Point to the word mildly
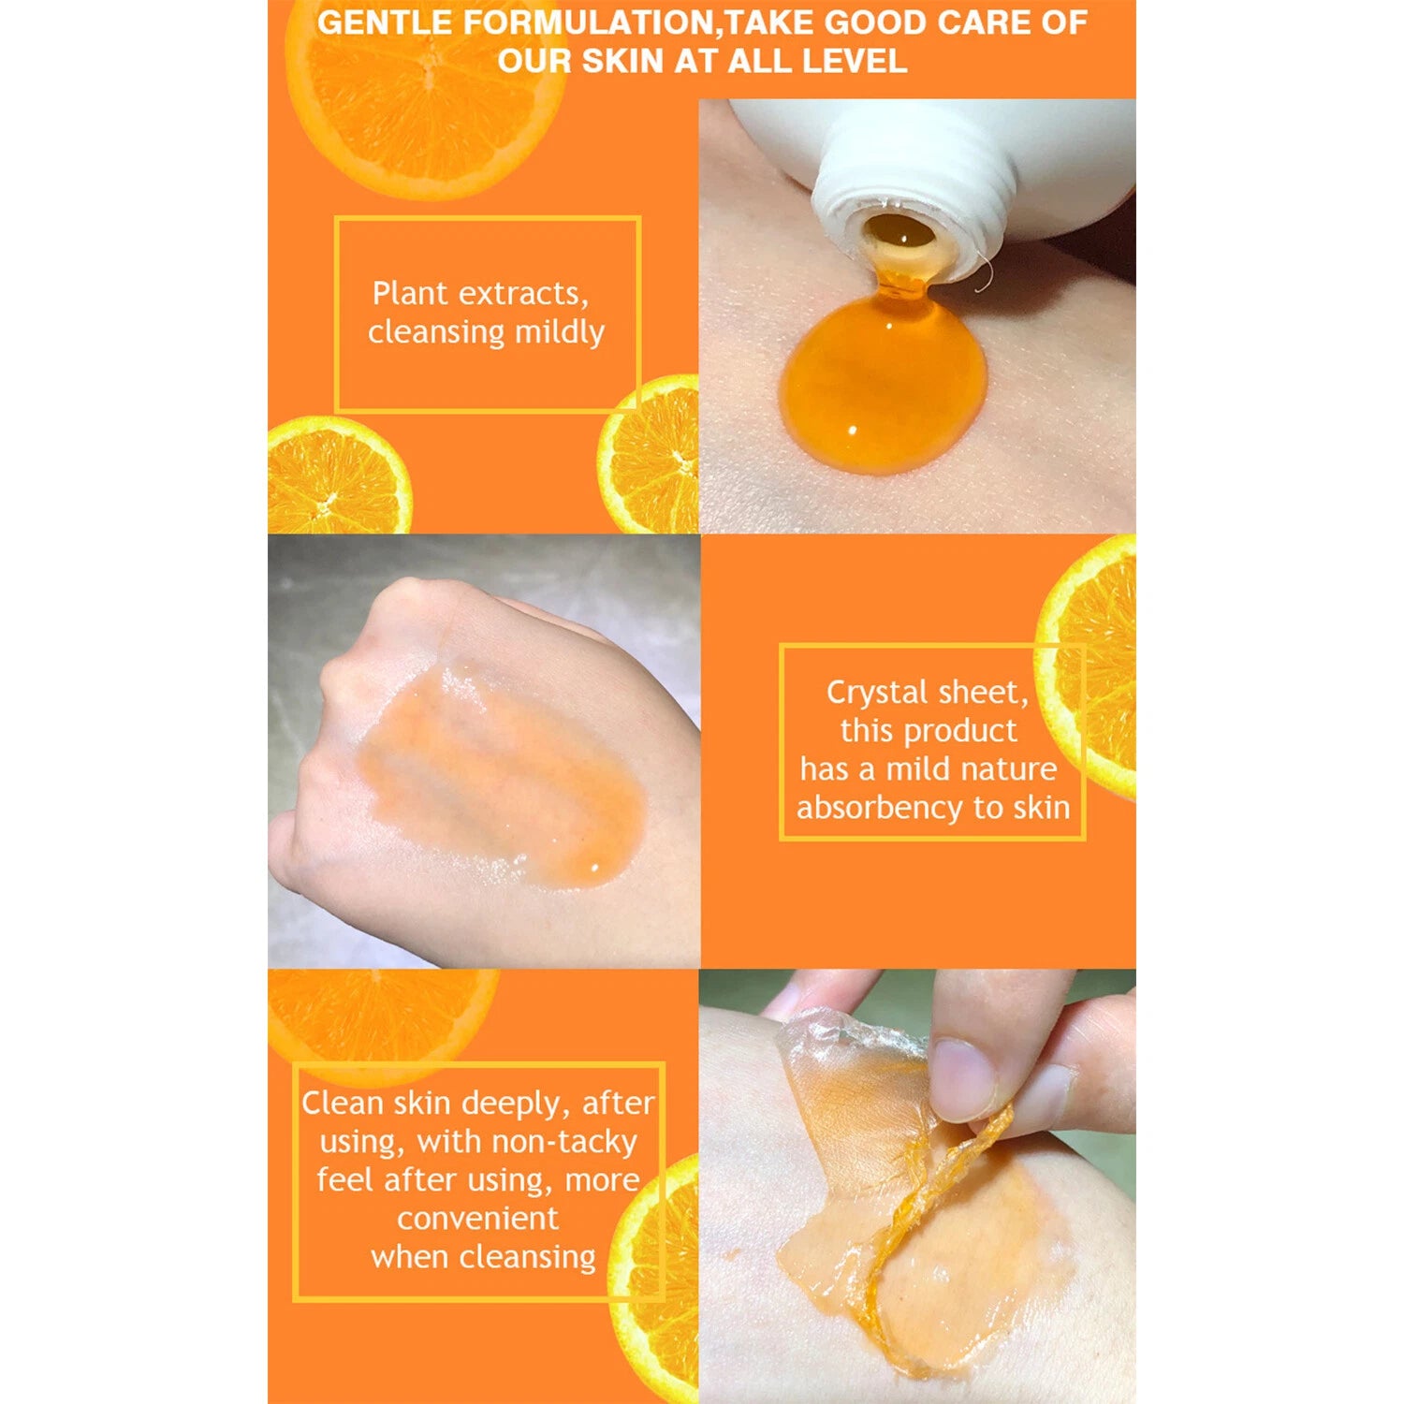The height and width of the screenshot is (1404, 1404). coord(560,333)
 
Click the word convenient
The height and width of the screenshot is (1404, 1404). coord(477,1219)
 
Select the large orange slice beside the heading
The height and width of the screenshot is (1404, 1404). coord(426,94)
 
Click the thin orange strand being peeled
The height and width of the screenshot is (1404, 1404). coord(936,1245)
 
